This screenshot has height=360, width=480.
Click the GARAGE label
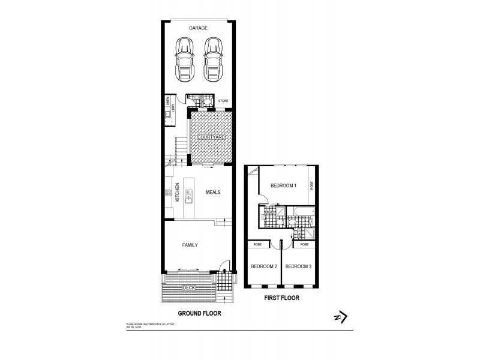point(198,28)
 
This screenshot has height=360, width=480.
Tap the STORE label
point(222,101)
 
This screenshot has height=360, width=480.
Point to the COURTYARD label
point(211,137)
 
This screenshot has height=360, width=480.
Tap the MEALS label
point(212,193)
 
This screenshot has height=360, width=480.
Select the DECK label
point(190,289)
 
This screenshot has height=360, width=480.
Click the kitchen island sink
point(189,194)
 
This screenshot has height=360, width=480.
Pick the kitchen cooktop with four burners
point(168,193)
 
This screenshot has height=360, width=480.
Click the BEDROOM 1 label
point(283,186)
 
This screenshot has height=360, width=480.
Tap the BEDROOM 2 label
point(263,266)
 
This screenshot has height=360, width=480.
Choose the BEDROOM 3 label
point(298,266)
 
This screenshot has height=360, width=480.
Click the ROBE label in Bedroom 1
point(312,186)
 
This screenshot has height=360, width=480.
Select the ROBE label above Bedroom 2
point(257,245)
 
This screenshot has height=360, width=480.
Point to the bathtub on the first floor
point(298,212)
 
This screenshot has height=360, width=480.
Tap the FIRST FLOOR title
point(282,298)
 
